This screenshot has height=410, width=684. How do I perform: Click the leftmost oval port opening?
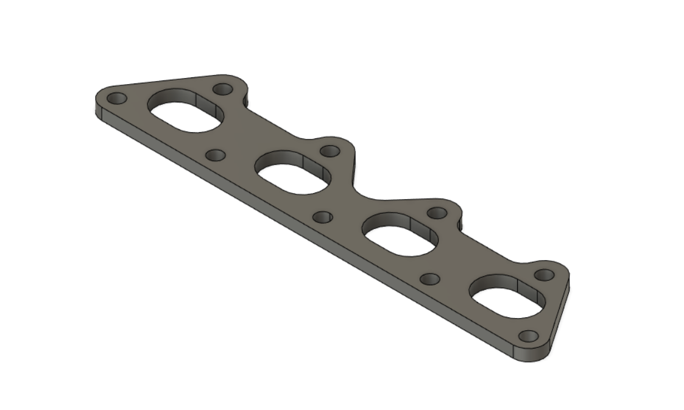point(186,116)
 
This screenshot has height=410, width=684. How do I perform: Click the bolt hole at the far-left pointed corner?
point(116,98)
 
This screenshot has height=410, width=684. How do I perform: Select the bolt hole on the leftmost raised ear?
point(223,89)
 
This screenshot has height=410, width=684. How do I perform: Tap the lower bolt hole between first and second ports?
point(215,155)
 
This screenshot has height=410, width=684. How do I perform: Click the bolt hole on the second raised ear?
point(330,150)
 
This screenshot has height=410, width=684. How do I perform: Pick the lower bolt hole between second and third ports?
point(322,217)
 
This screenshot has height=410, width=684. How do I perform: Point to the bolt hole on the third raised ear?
point(437,213)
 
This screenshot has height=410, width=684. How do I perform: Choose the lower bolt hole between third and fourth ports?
point(430,279)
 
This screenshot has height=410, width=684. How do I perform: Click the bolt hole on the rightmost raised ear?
point(544,275)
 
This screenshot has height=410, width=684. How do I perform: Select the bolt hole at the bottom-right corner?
point(529,336)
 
